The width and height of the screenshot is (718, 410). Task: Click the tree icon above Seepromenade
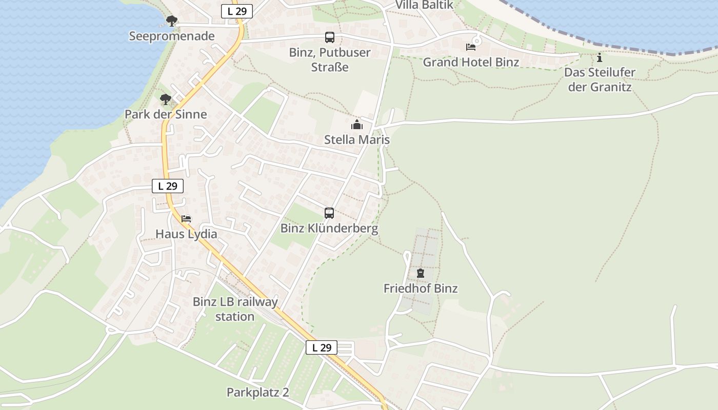[x=172, y=21]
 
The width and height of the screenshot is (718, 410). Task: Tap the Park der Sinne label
[x=166, y=114]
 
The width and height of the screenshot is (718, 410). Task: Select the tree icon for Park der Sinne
[x=165, y=99]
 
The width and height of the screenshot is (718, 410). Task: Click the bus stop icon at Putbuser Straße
[x=329, y=37]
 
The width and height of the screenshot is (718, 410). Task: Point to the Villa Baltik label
[x=424, y=5]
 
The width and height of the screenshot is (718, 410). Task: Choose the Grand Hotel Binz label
[x=471, y=63]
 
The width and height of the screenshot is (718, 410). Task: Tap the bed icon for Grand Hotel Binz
[x=471, y=47]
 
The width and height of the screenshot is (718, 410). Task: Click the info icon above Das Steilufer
[x=600, y=57]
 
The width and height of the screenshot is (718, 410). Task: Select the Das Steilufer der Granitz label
[x=600, y=79]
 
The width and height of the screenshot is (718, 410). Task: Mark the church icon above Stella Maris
[x=357, y=125]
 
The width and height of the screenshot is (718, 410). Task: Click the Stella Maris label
[x=357, y=140]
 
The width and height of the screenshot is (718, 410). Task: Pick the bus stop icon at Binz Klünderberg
[x=329, y=213]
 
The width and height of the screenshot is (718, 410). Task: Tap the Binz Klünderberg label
[x=329, y=229]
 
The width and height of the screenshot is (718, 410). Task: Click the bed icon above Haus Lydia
[x=186, y=219]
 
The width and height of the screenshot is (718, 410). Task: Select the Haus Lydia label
[x=186, y=234]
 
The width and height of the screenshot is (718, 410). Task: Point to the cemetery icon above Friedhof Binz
[x=421, y=273]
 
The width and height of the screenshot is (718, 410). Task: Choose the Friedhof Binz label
[x=421, y=289]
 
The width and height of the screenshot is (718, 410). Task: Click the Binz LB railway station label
[x=235, y=309]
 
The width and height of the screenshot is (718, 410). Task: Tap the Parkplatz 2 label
[x=257, y=393]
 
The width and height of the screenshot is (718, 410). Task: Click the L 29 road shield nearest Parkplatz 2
[x=322, y=347]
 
